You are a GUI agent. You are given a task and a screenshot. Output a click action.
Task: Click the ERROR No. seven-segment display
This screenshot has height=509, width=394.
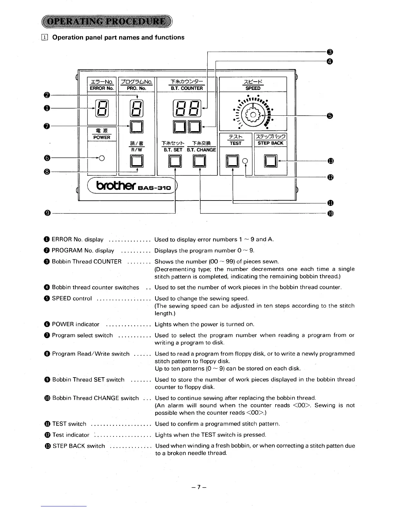pyautogui.click(x=102, y=108)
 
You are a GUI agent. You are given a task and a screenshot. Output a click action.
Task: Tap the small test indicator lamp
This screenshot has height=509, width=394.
pyautogui.click(x=245, y=160)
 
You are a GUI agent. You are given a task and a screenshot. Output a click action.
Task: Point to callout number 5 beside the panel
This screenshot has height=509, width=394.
pyautogui.click(x=329, y=116)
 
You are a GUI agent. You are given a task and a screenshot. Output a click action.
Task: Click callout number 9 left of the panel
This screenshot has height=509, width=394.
pyautogui.click(x=48, y=213)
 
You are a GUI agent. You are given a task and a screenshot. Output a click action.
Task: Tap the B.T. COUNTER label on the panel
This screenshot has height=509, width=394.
pyautogui.click(x=187, y=88)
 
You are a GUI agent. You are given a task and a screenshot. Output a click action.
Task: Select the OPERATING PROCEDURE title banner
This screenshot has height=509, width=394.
pyautogui.click(x=107, y=22)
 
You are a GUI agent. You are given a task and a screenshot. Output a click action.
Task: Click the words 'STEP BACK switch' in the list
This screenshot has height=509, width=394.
pyautogui.click(x=79, y=446)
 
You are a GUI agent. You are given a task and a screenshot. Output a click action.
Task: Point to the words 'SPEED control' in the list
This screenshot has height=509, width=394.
pyautogui.click(x=72, y=298)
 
